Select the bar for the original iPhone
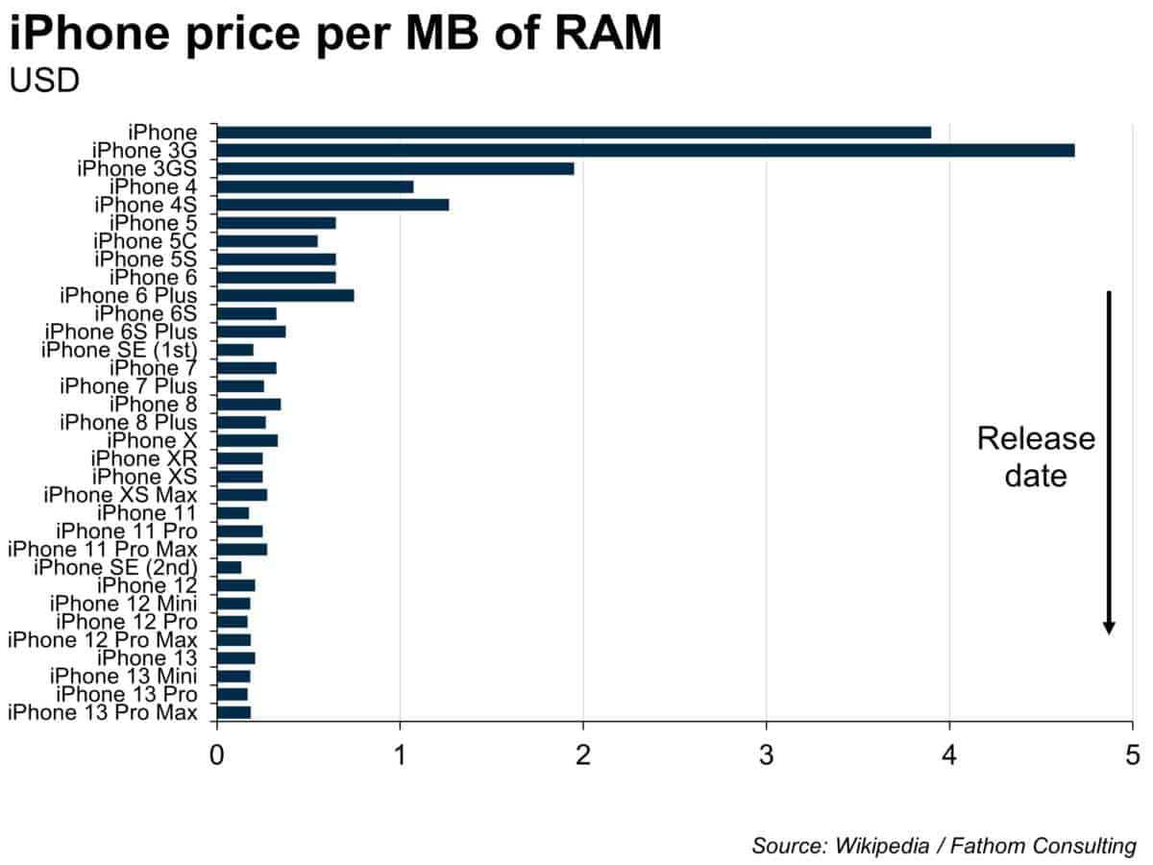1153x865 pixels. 574,132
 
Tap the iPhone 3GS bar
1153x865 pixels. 395,168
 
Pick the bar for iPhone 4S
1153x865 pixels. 332,205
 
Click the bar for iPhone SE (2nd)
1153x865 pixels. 229,567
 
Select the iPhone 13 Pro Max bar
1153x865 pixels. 233,712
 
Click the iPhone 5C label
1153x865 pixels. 145,241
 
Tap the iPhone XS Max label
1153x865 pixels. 120,495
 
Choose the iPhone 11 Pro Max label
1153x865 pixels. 103,549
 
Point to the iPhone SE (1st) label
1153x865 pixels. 119,350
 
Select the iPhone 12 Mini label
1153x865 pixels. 123,604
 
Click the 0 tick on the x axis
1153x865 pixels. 217,753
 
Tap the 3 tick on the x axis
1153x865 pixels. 766,753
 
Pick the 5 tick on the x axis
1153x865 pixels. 1132,753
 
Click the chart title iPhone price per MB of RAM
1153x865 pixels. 335,35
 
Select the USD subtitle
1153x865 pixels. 44,81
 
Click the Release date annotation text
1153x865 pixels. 1035,457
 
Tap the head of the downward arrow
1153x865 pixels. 1109,627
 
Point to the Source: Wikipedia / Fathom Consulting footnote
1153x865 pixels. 944,846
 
